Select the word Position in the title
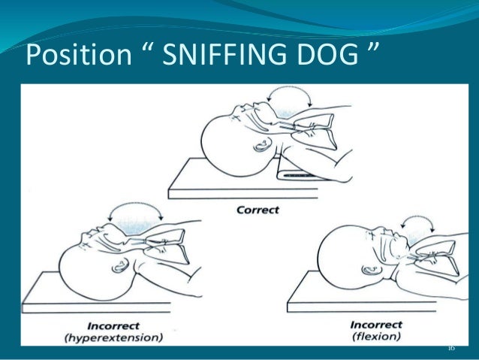click(x=70, y=54)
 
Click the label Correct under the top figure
click(x=259, y=210)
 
